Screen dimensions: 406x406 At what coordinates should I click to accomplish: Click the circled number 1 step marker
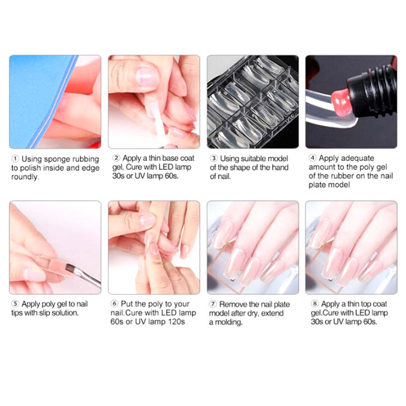click(x=15, y=158)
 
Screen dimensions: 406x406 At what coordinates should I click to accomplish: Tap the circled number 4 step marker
click(x=313, y=158)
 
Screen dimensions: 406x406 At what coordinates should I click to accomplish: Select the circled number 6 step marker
click(x=114, y=303)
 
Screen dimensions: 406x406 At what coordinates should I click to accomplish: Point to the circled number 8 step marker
click(x=314, y=303)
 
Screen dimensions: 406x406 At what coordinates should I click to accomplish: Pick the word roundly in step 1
click(x=25, y=177)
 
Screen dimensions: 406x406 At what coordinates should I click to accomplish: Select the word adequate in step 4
click(x=359, y=158)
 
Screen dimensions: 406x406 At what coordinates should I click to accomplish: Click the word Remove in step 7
click(x=232, y=304)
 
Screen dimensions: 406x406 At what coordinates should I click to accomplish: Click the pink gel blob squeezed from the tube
click(x=340, y=101)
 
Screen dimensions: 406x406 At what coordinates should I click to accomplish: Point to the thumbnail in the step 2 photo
click(x=147, y=76)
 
